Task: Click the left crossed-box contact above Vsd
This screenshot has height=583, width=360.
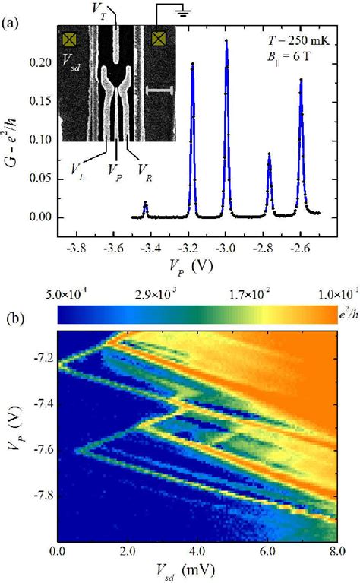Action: [x=70, y=38]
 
